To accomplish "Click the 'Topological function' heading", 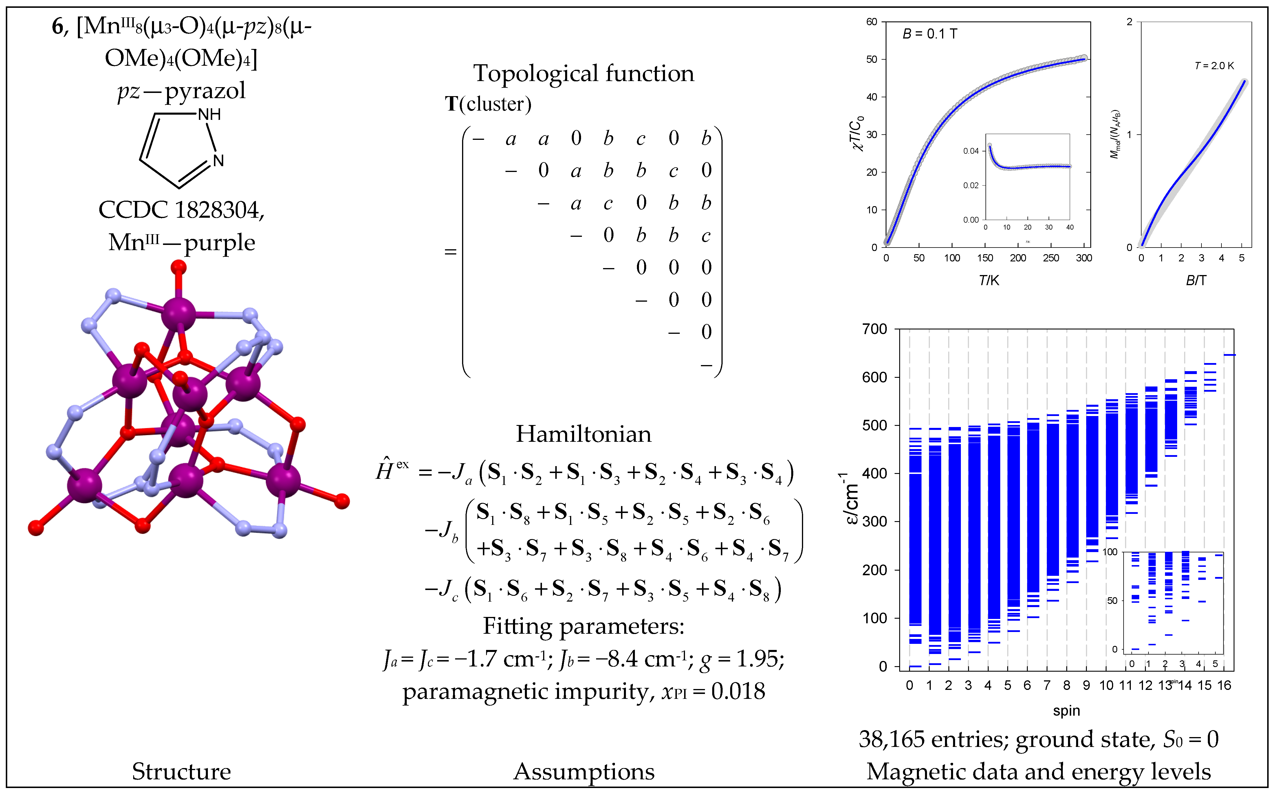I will coord(583,73).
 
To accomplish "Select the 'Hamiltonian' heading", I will coord(583,434).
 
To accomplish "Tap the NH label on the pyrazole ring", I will coord(209,114).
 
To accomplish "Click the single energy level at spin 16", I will coord(1229,355).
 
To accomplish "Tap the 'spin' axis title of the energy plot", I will coord(1066,710).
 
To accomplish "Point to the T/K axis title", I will coord(988,281).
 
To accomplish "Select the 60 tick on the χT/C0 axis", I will coord(871,22).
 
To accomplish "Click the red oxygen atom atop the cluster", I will coord(179,267).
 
